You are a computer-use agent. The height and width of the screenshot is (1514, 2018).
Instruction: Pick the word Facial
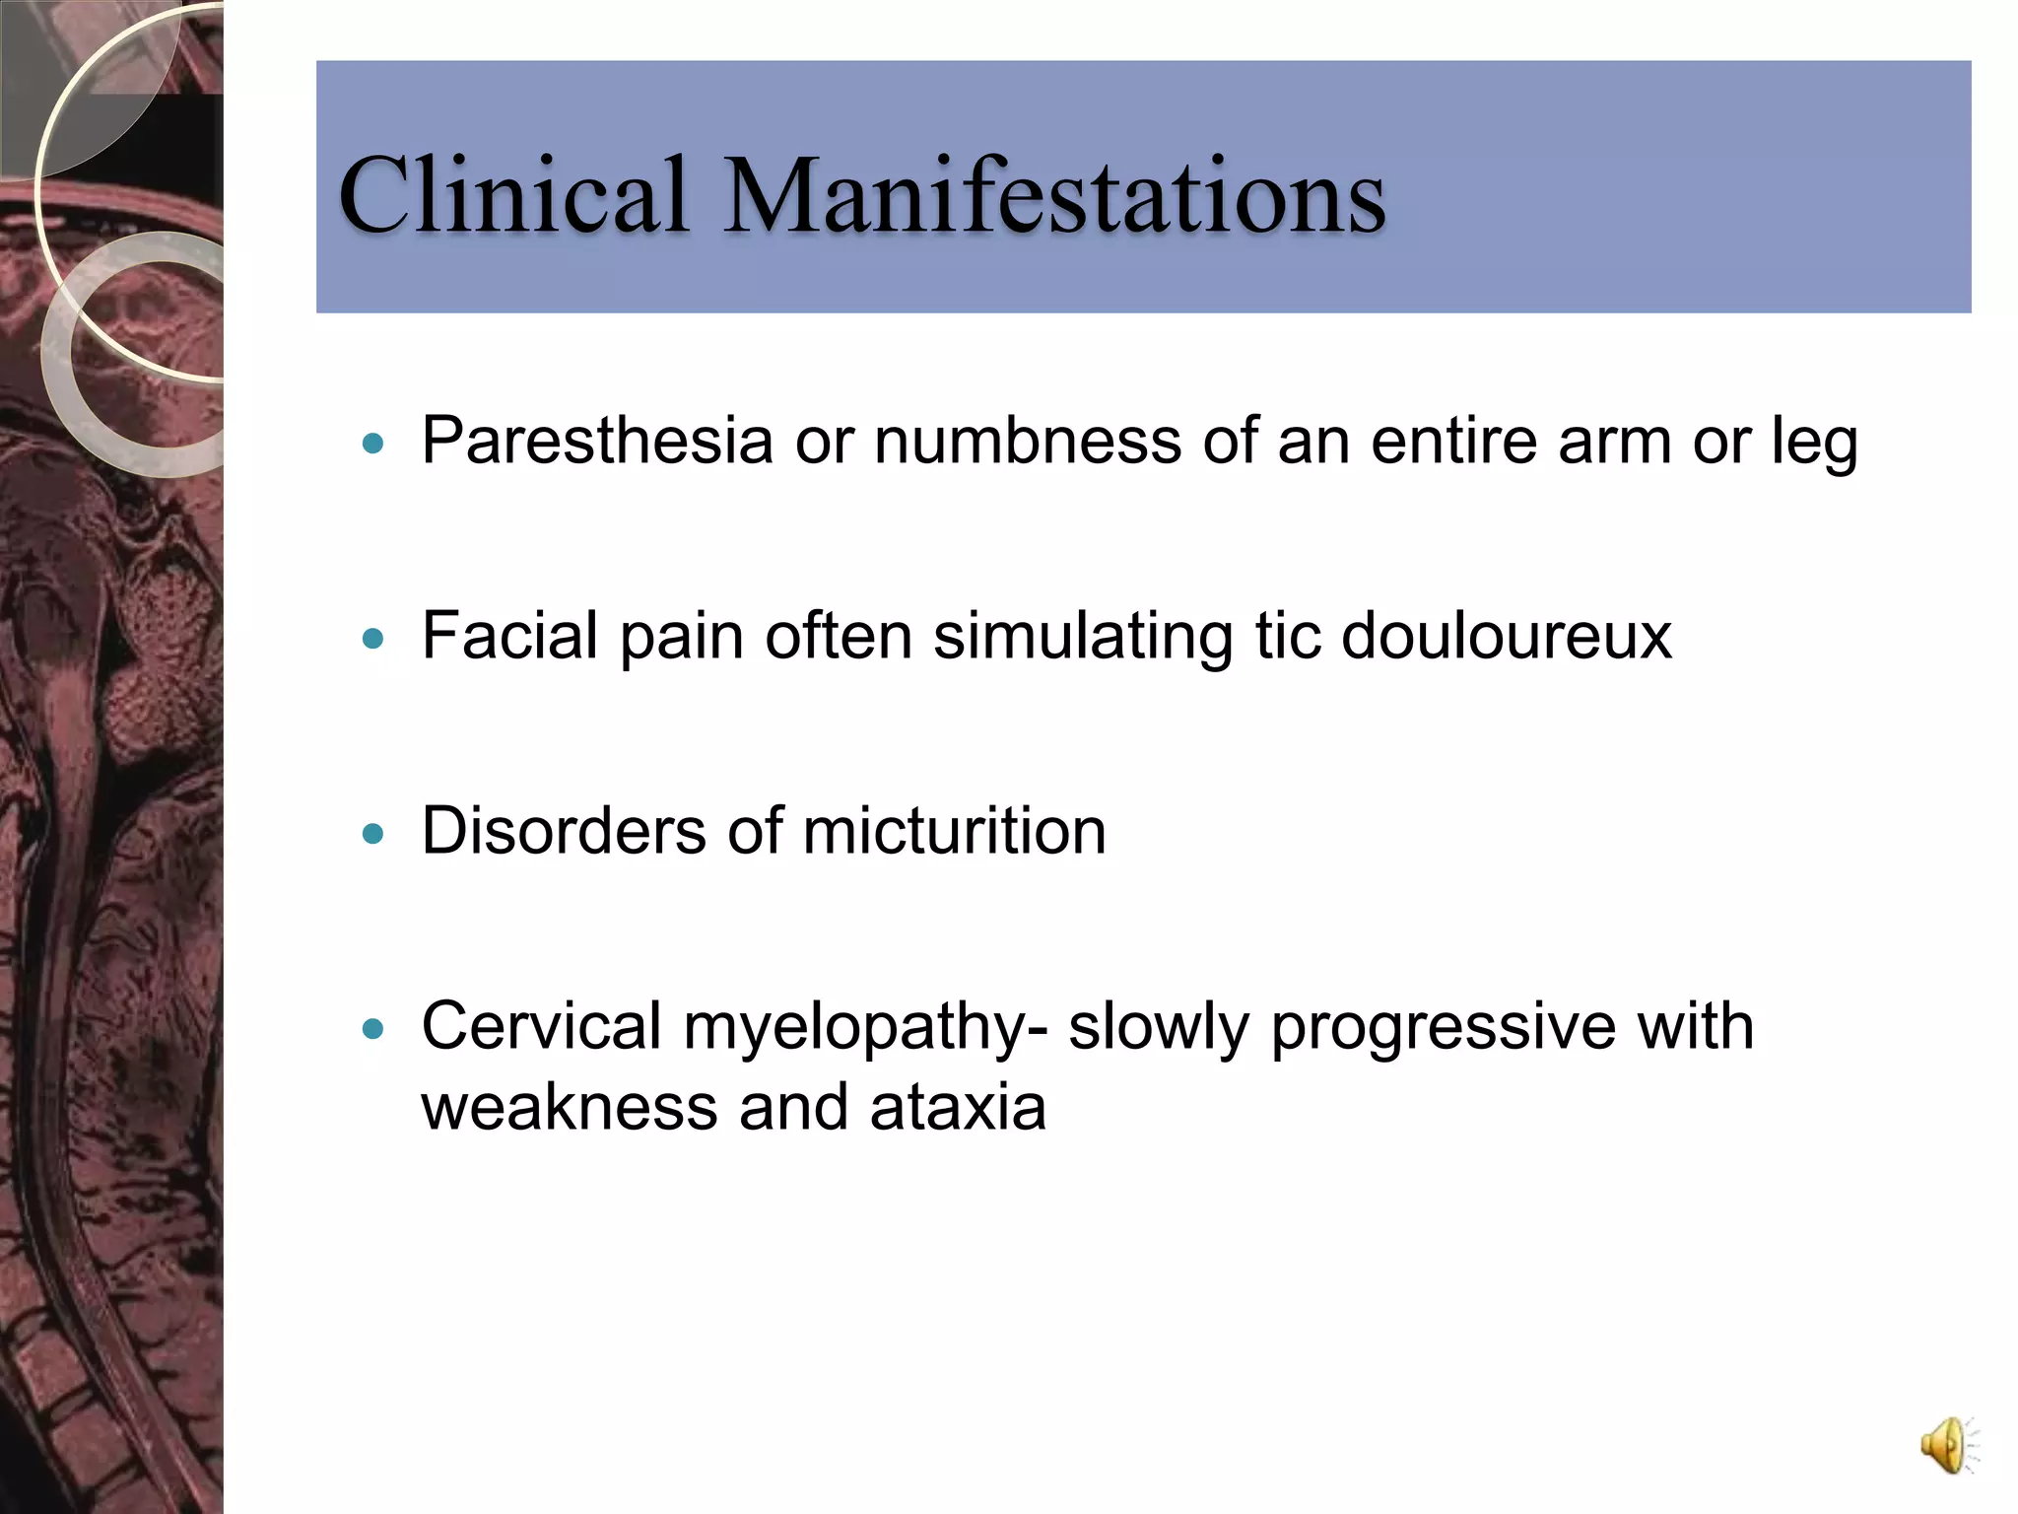coord(509,635)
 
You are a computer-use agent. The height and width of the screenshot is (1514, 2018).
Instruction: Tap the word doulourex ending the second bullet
coord(1507,635)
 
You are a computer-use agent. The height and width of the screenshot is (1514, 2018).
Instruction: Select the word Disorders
coord(564,830)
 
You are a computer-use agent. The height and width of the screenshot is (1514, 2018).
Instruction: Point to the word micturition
coord(954,830)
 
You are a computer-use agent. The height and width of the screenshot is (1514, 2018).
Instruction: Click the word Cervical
coord(541,1026)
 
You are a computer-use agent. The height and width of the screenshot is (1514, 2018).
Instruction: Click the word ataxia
coord(958,1107)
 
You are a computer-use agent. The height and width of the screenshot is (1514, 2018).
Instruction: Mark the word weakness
coord(570,1107)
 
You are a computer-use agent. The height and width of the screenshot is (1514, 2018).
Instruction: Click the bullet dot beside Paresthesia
coord(372,444)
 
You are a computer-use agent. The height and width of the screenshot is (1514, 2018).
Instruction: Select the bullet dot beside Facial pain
coord(372,639)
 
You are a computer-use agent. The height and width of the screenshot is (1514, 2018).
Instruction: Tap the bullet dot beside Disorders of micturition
coord(372,834)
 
